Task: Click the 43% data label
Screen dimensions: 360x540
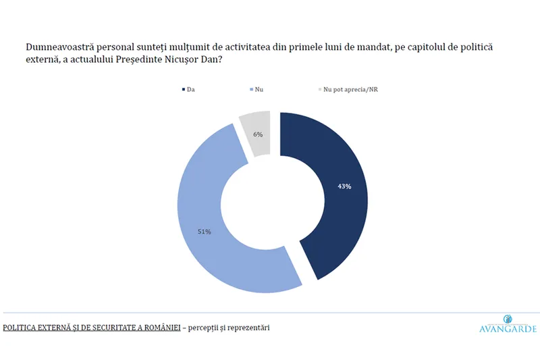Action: pos(344,186)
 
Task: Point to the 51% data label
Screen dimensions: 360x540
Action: pos(205,232)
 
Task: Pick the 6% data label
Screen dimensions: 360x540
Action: pos(257,134)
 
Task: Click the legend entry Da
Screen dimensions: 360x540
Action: pos(192,88)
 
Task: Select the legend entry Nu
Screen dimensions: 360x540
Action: pos(260,88)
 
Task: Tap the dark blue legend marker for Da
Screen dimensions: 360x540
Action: pos(182,88)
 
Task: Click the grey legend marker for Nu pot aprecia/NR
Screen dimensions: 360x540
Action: pos(319,88)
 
